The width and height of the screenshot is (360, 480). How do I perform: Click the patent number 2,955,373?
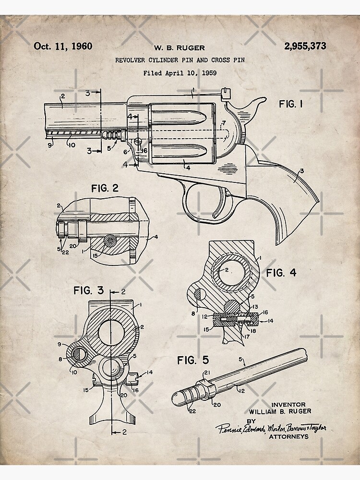coord(305,46)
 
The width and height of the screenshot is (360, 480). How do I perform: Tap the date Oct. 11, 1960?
coord(63,46)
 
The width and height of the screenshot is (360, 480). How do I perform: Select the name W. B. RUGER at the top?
coord(180,48)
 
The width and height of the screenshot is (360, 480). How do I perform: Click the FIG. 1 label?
coord(291,104)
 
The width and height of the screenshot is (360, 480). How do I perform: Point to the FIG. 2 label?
coord(105,188)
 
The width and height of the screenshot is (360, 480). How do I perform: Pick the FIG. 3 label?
coord(88,290)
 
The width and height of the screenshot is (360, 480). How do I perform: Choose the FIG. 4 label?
coord(281,273)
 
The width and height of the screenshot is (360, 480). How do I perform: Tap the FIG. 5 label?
coord(193,360)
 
